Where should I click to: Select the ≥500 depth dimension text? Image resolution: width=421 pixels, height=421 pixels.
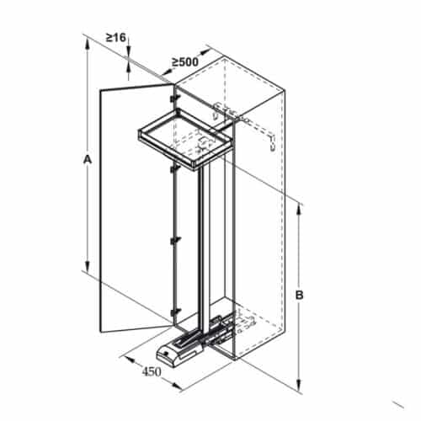click(x=184, y=61)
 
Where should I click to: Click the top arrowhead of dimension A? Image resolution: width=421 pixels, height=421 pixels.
click(x=88, y=43)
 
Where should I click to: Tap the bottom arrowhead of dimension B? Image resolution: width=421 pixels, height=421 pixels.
click(x=301, y=388)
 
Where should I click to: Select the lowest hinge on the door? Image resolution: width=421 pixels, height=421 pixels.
click(x=173, y=314)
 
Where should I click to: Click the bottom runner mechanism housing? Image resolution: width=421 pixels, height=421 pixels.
click(x=181, y=348)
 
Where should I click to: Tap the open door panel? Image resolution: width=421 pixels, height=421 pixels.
click(x=135, y=210)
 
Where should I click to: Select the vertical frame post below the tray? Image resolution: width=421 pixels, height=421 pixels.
click(x=201, y=244)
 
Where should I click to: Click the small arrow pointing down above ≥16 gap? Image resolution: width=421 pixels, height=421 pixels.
click(x=128, y=51)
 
